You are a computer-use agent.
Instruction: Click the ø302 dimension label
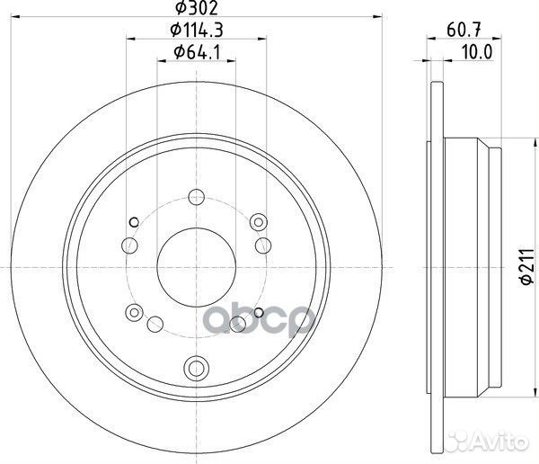[196, 10]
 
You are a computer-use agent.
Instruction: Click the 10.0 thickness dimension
[477, 52]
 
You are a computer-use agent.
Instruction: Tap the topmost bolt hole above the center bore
[197, 196]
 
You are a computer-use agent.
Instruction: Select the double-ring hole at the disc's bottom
[197, 367]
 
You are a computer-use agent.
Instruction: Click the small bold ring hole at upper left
[135, 222]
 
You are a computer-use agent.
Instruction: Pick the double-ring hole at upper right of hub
[260, 220]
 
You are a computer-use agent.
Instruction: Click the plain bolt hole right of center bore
[263, 245]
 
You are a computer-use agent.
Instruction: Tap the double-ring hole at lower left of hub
[135, 313]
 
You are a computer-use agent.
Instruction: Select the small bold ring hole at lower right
[260, 313]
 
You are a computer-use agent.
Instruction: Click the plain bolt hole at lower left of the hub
[154, 324]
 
